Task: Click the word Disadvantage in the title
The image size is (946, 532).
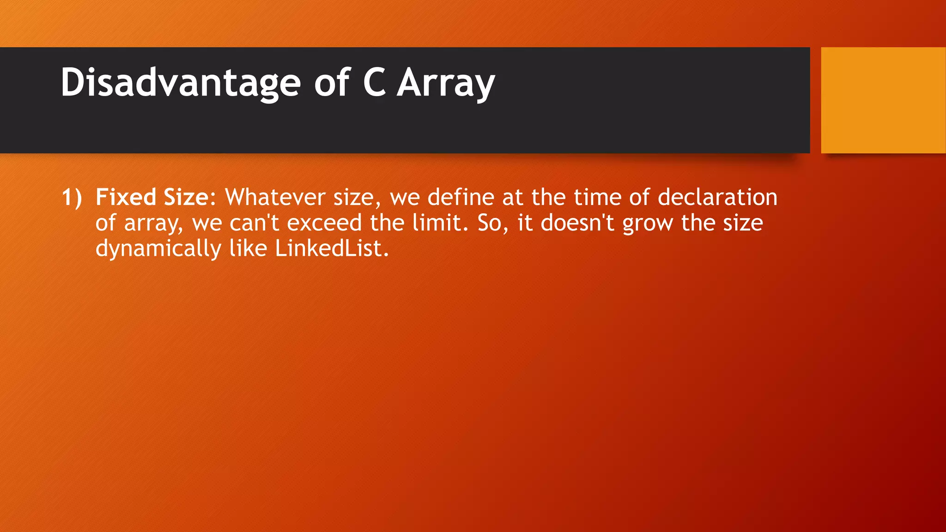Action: click(x=181, y=83)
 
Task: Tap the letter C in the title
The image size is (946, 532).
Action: click(x=374, y=83)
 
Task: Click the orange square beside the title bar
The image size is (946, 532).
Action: click(x=883, y=100)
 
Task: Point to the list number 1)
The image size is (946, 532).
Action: click(x=72, y=198)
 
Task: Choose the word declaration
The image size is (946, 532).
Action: click(x=717, y=197)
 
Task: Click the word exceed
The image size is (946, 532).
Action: click(x=324, y=223)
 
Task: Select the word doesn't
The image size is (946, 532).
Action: click(x=577, y=223)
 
